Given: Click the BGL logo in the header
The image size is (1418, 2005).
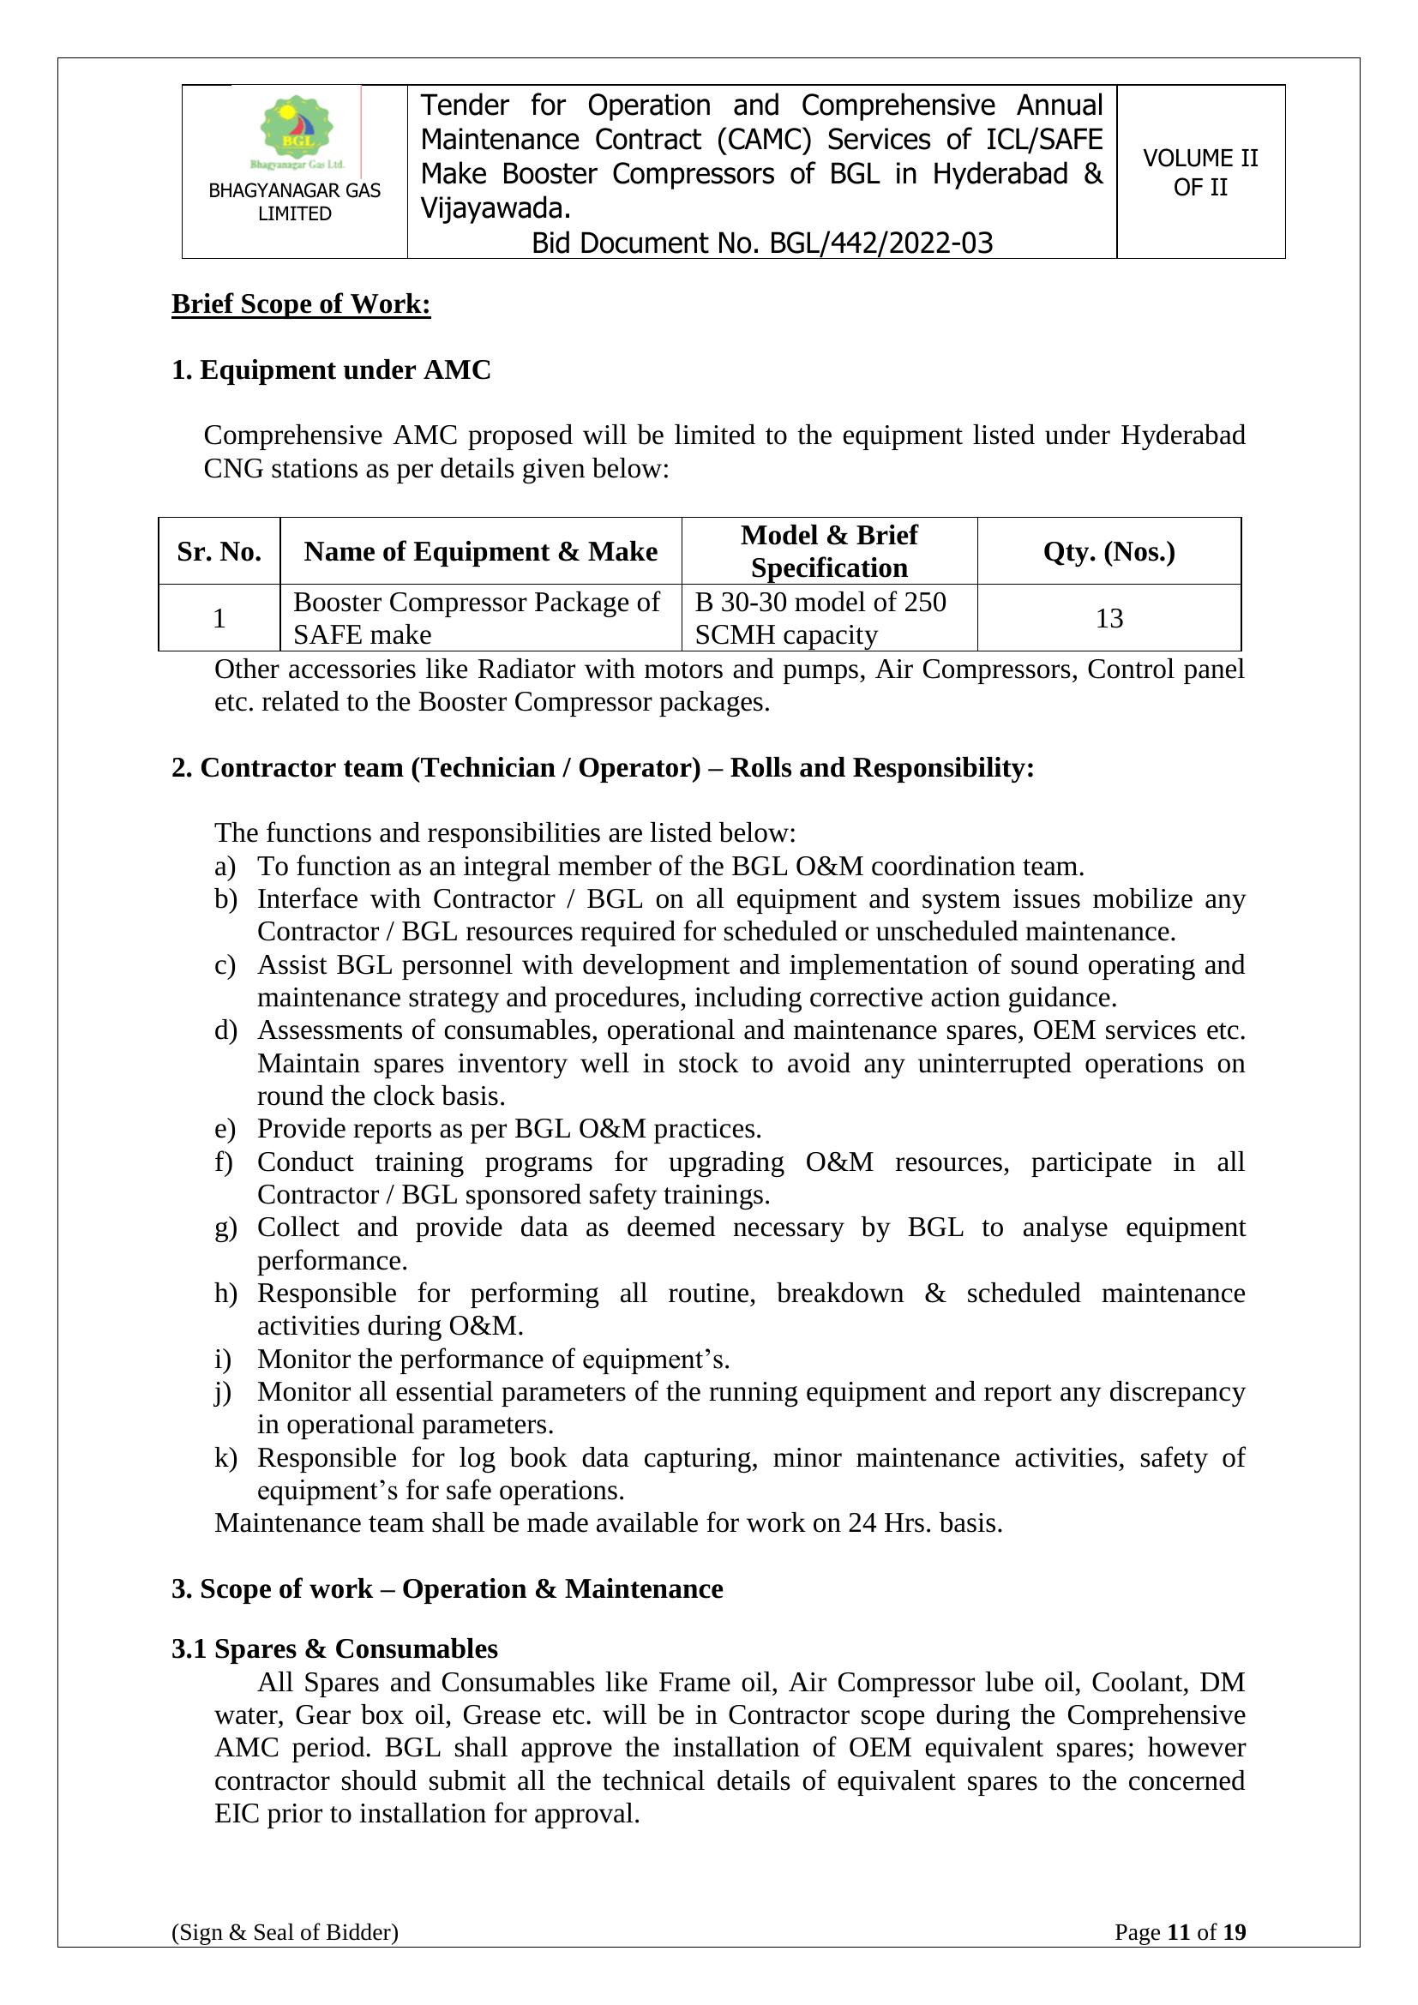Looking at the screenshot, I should [x=297, y=133].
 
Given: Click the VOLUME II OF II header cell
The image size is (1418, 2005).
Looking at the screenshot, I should [x=1199, y=172].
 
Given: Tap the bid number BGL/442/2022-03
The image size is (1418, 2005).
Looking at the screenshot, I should [x=880, y=243].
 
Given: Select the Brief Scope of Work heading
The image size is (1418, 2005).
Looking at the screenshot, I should [x=300, y=304].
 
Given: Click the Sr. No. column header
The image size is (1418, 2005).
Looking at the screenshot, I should [x=219, y=552].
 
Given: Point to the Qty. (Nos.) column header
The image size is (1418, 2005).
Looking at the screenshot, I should [x=1109, y=552].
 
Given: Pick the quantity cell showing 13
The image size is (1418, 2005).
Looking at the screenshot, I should [x=1109, y=618].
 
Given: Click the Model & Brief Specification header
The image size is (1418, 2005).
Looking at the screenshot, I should [x=829, y=551].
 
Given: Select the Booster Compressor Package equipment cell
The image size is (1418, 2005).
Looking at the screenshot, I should [x=476, y=618].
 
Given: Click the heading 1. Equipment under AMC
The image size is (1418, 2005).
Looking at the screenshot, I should [x=331, y=370].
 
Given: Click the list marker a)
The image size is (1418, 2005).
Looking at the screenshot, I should [x=225, y=867].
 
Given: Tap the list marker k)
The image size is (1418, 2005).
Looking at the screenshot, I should [x=225, y=1457].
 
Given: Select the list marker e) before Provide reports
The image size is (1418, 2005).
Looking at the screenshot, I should [x=225, y=1129].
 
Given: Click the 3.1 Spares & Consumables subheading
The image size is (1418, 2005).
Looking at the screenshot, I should [x=334, y=1648].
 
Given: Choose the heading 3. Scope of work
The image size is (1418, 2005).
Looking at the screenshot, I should [x=447, y=1588].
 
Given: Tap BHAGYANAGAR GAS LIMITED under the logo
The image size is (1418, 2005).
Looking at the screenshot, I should [x=294, y=201].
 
